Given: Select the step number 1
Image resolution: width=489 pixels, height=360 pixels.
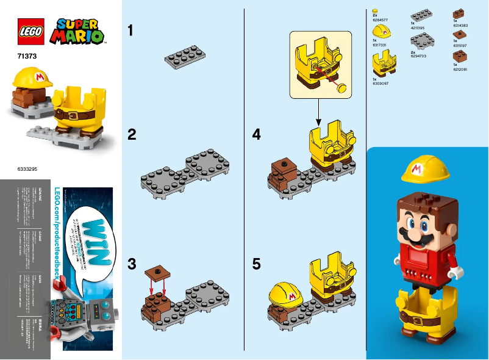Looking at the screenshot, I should coord(130,31).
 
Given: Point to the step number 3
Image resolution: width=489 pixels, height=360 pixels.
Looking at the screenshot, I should coord(131,265).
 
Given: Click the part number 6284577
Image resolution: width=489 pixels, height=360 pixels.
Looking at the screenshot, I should coord(379,20).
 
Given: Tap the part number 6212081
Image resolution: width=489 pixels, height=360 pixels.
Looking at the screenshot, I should coord(460,69).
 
